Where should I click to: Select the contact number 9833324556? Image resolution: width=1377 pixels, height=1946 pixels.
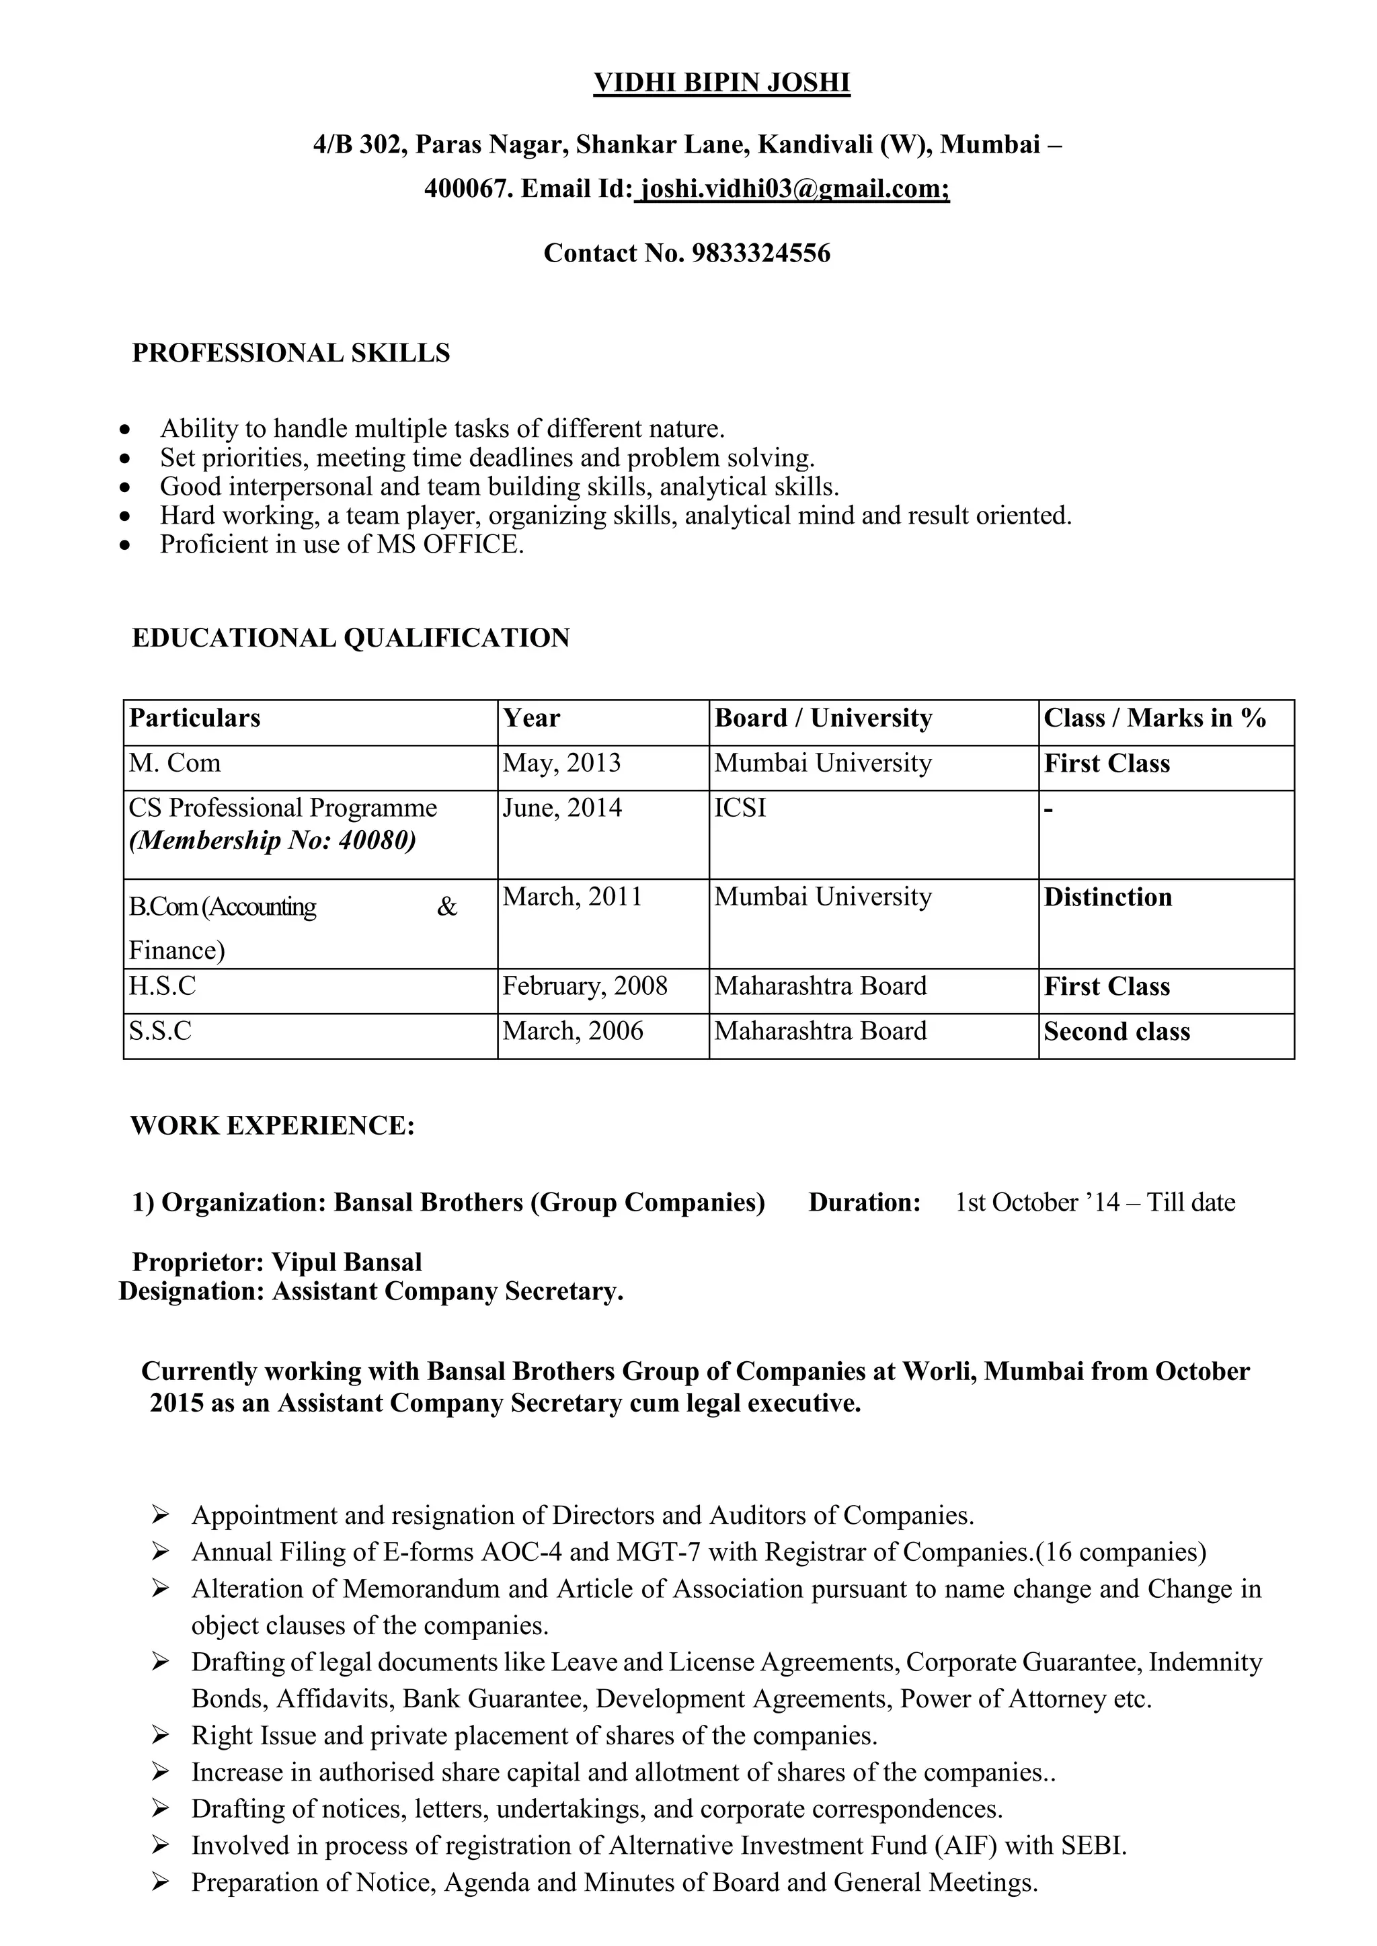(x=760, y=253)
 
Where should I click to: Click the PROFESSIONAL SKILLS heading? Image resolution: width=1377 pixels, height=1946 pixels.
(x=291, y=353)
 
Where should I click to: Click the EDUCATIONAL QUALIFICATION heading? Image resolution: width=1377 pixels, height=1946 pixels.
(x=350, y=637)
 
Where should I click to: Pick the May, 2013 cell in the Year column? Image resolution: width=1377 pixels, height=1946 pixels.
(x=561, y=763)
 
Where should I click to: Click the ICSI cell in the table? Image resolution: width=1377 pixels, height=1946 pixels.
(x=740, y=808)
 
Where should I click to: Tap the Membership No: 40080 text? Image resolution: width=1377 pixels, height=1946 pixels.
(x=272, y=840)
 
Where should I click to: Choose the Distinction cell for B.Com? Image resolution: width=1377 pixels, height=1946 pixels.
(x=1107, y=897)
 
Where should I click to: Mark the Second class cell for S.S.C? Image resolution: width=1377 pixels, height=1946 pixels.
(x=1117, y=1032)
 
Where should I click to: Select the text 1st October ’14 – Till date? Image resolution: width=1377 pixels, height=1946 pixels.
(x=1095, y=1202)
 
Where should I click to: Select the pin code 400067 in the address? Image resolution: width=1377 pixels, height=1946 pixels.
(x=467, y=188)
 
